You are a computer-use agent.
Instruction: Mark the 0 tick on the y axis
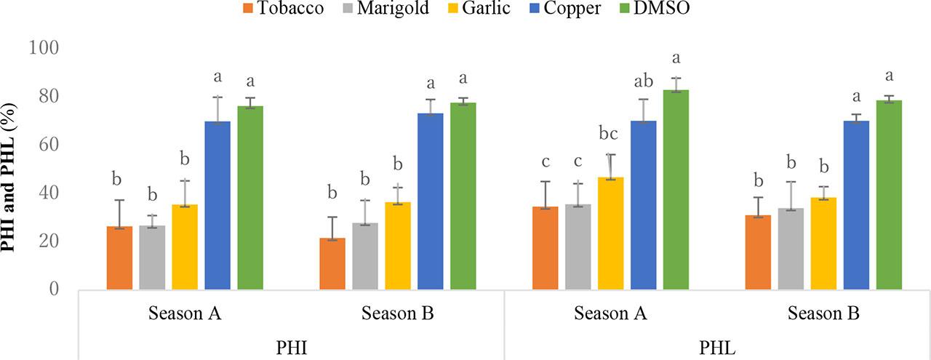[55, 289]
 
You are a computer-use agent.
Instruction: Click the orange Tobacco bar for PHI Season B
[332, 263]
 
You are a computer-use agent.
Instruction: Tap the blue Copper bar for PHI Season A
[217, 205]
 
